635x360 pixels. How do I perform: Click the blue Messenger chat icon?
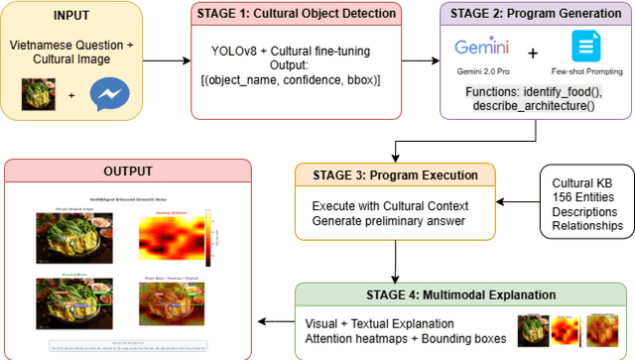tap(109, 95)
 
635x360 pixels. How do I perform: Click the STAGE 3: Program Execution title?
tap(395, 177)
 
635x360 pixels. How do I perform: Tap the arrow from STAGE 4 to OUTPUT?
tap(274, 319)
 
